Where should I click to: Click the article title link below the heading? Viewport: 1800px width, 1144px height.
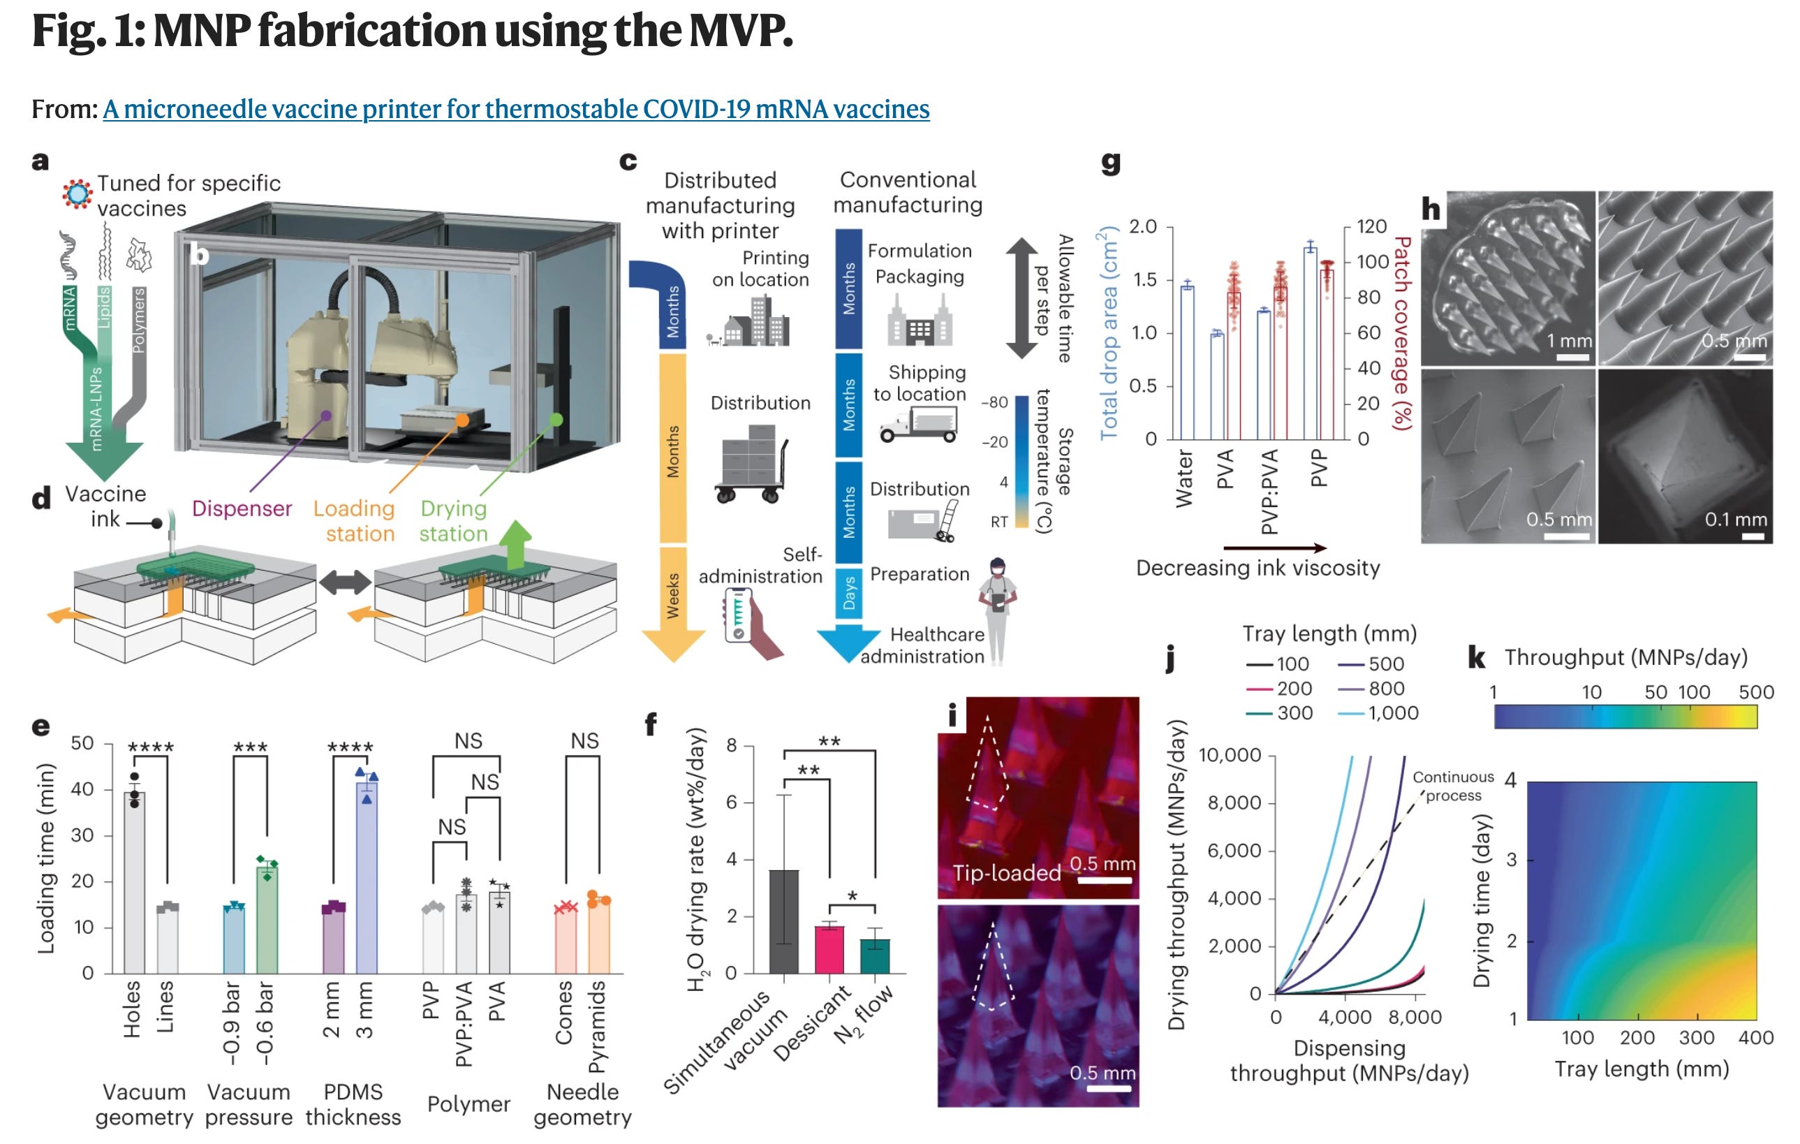(516, 109)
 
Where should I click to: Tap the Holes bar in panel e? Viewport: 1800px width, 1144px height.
(134, 882)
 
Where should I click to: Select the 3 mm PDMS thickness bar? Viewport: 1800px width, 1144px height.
(367, 875)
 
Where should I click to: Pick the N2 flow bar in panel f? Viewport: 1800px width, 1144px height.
(875, 955)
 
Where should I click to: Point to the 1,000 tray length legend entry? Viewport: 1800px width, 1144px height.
(1394, 712)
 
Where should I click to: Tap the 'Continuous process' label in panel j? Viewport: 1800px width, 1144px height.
(1452, 786)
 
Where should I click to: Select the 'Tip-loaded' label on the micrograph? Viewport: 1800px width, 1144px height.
(1006, 872)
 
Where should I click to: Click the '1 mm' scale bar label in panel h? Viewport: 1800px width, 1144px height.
(1569, 341)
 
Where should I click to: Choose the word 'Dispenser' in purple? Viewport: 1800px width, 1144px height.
(242, 508)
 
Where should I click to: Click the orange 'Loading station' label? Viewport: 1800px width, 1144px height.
(354, 520)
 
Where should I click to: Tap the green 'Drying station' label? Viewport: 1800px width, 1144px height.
(453, 520)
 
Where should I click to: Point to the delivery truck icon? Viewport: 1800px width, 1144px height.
(918, 425)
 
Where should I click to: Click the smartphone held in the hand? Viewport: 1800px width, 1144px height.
(739, 615)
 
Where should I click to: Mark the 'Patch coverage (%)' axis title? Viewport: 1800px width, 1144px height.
(1402, 332)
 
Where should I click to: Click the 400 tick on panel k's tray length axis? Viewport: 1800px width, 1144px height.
(1755, 1037)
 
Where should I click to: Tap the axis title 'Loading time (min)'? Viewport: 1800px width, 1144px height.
(46, 858)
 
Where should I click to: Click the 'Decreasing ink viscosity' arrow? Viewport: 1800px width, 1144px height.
(1274, 548)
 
